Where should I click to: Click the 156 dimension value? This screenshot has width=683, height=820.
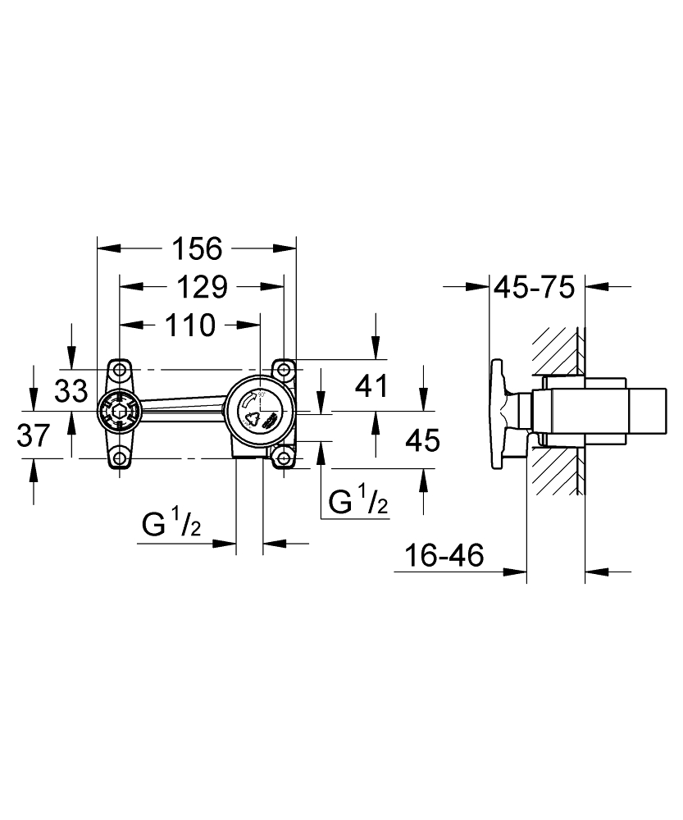pyautogui.click(x=197, y=247)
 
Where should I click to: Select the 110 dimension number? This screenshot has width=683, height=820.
pyautogui.click(x=189, y=326)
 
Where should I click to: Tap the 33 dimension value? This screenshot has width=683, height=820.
pyautogui.click(x=71, y=391)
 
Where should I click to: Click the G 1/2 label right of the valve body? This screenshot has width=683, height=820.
pyautogui.click(x=357, y=501)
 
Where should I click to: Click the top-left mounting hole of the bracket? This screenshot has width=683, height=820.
pyautogui.click(x=121, y=367)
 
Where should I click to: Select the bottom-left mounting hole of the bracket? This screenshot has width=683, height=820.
pyautogui.click(x=121, y=458)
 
